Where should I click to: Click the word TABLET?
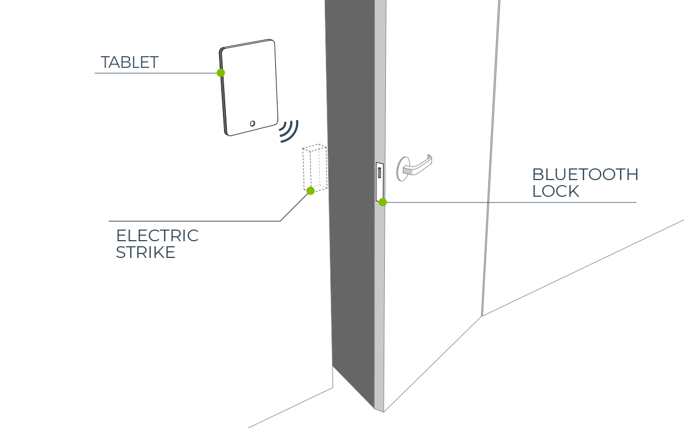[130, 62]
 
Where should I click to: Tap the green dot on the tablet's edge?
[221, 73]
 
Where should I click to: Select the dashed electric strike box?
[315, 168]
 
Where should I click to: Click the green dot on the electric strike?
[310, 191]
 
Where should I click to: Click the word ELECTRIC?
[157, 236]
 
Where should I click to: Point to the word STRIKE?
[146, 252]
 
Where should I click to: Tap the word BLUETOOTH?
[585, 175]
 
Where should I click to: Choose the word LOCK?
[556, 191]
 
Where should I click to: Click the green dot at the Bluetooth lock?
[383, 202]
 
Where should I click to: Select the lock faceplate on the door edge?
[380, 182]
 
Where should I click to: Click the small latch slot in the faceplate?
[379, 172]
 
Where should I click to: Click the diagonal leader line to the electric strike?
[294, 207]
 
